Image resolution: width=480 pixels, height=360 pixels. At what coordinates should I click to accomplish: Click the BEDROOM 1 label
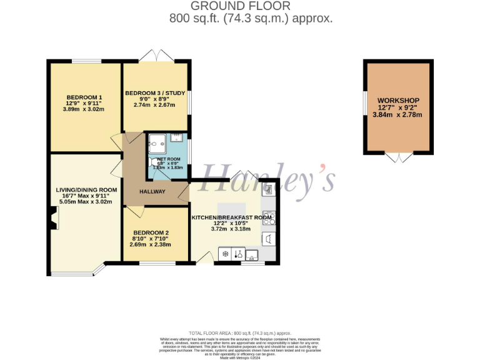pyautogui.click(x=84, y=97)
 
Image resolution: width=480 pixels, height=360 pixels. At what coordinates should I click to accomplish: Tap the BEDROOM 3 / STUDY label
pyautogui.click(x=155, y=93)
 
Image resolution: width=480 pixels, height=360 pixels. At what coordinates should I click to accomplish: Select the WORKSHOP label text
pyautogui.click(x=398, y=101)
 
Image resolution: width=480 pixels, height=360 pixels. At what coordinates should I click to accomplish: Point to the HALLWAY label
pyautogui.click(x=152, y=191)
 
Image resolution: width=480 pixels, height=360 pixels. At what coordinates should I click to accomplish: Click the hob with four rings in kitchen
pyautogui.click(x=269, y=218)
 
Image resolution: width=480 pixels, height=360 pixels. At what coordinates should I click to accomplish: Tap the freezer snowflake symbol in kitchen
pyautogui.click(x=225, y=254)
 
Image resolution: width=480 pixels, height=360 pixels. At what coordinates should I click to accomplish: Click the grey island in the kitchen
pyautogui.click(x=231, y=208)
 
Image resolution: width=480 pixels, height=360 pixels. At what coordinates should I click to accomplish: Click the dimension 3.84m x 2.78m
pyautogui.click(x=398, y=115)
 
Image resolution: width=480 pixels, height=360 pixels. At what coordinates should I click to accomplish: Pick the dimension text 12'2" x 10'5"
pyautogui.click(x=231, y=223)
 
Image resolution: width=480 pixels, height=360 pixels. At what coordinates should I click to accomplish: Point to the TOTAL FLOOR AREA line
pyautogui.click(x=240, y=333)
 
